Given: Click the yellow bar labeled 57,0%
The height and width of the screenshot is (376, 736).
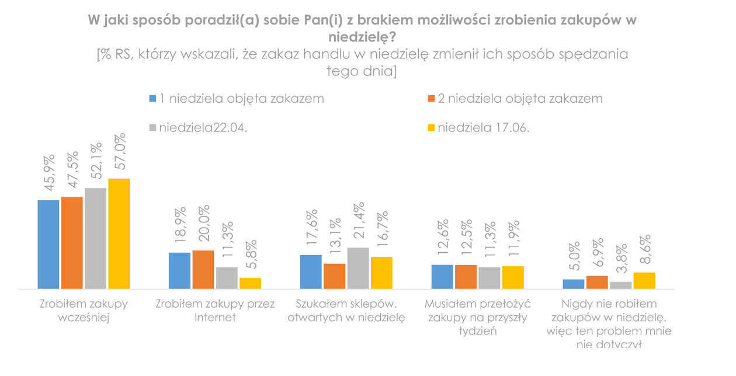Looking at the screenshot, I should coord(119,234).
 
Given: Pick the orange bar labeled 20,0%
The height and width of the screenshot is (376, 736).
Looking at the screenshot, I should coord(203,269).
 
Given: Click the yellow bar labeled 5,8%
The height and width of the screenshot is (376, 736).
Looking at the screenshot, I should coord(250,283).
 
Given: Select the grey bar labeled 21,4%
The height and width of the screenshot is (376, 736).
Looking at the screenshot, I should coord(358,268).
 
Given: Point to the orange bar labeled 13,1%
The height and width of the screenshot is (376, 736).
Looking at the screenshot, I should coord(335,276).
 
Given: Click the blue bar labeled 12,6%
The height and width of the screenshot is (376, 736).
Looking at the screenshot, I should coord(442,277).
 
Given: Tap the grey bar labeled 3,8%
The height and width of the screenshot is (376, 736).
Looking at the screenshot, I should coord(621,285).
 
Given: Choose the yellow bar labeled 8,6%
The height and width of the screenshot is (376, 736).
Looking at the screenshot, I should coord(644,280).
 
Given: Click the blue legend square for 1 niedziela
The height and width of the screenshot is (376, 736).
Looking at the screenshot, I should coord(153,99).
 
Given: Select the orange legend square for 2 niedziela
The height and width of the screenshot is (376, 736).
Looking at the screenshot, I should coord(432,99).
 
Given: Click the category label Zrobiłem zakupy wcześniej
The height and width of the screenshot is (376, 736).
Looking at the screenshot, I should coord(84,311).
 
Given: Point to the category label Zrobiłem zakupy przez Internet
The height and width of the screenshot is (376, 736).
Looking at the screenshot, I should coord(215,311).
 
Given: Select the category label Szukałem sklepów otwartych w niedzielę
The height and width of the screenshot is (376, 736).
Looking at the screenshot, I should coord(346,311).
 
